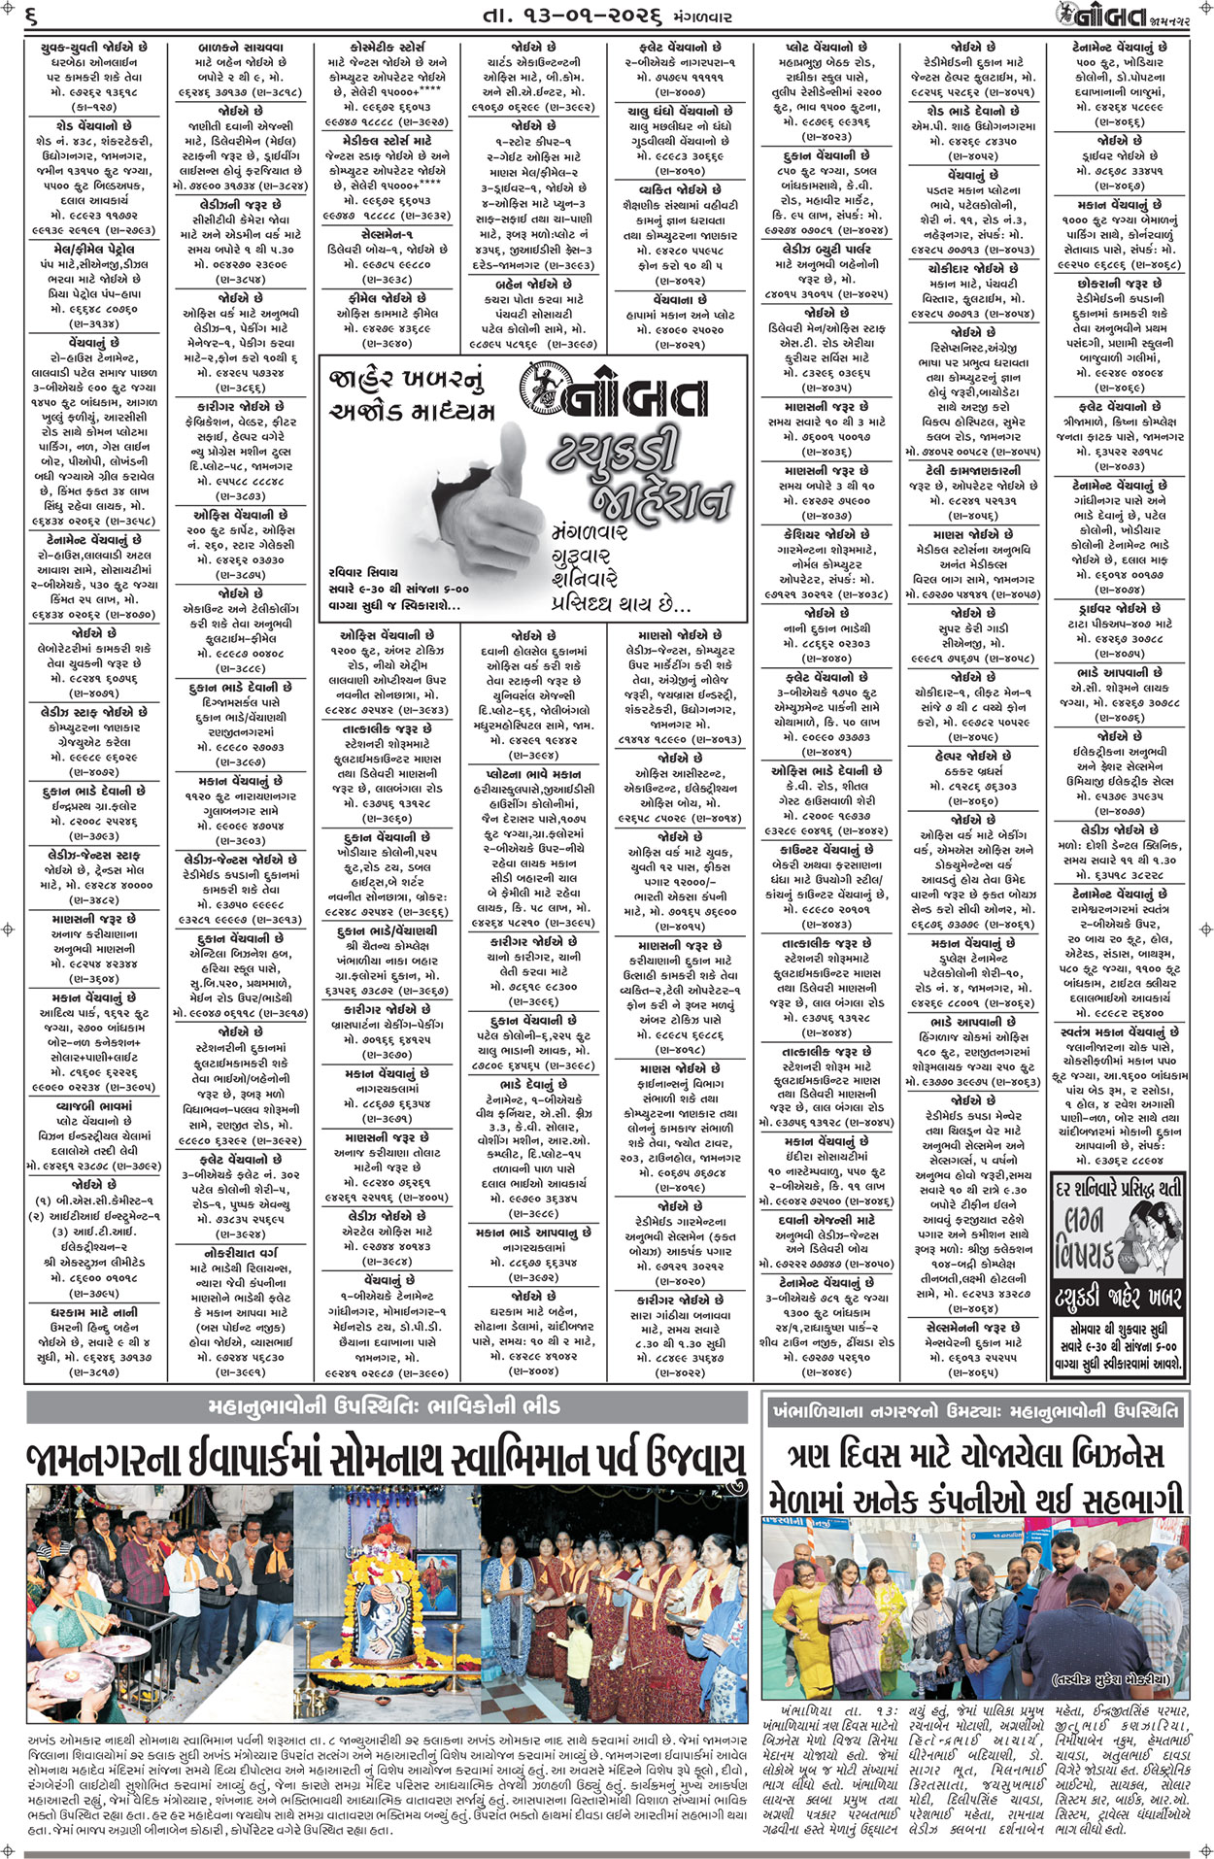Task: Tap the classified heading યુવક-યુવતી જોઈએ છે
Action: pos(94,47)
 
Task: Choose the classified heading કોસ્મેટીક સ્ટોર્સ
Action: pos(387,47)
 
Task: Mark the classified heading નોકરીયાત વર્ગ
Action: pos(241,1254)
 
